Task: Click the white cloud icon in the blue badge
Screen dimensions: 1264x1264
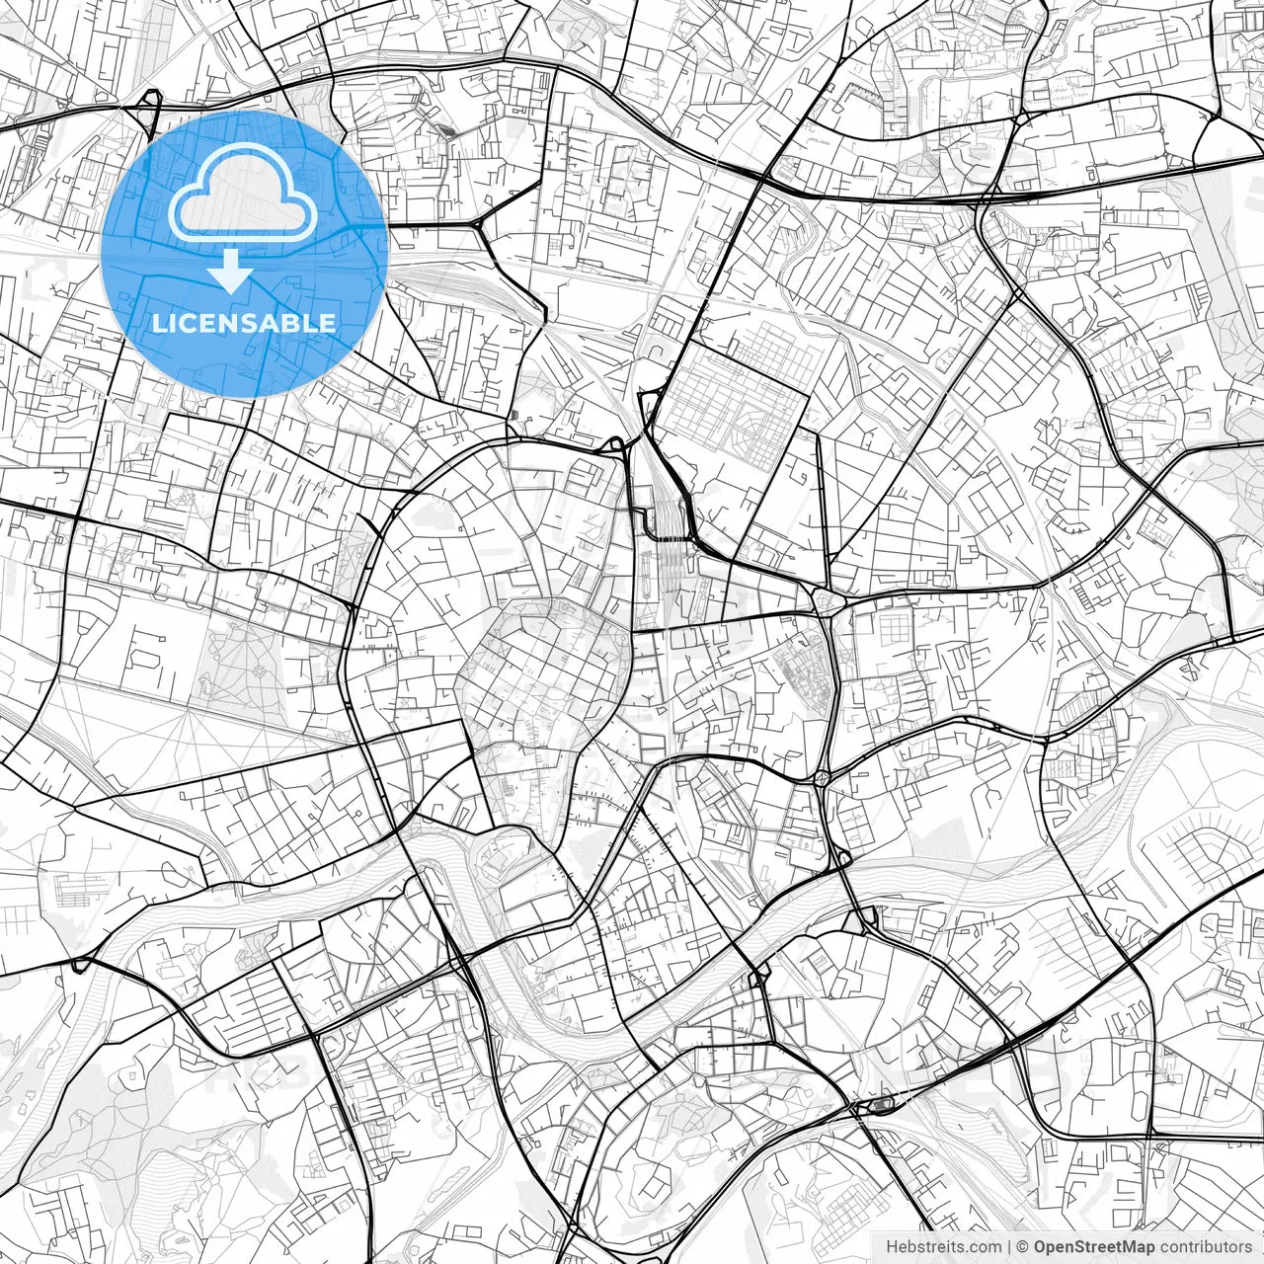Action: (243, 194)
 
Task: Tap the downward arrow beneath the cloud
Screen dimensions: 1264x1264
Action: (231, 271)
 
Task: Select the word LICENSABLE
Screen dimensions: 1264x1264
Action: (243, 323)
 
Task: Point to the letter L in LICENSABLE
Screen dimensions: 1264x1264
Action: (157, 323)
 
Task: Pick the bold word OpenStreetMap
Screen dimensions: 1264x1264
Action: (1094, 1247)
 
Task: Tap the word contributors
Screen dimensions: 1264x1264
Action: (1206, 1247)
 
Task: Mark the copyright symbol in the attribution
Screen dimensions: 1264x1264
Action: (1024, 1247)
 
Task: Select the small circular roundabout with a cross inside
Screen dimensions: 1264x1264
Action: (822, 777)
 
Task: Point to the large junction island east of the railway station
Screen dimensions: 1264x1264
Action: (826, 599)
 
